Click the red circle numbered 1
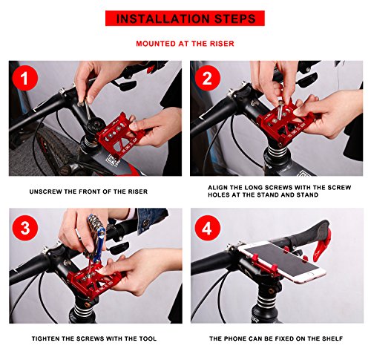[x=24, y=78]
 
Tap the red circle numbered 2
[x=207, y=78]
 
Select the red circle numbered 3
[x=25, y=228]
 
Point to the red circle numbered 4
[x=207, y=228]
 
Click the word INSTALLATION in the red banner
[x=161, y=19]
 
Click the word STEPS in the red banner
[x=234, y=19]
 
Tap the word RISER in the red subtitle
[x=222, y=44]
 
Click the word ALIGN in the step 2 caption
[x=217, y=188]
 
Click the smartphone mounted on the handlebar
[x=281, y=261]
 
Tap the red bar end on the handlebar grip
[x=321, y=246]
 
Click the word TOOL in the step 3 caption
[x=148, y=338]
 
